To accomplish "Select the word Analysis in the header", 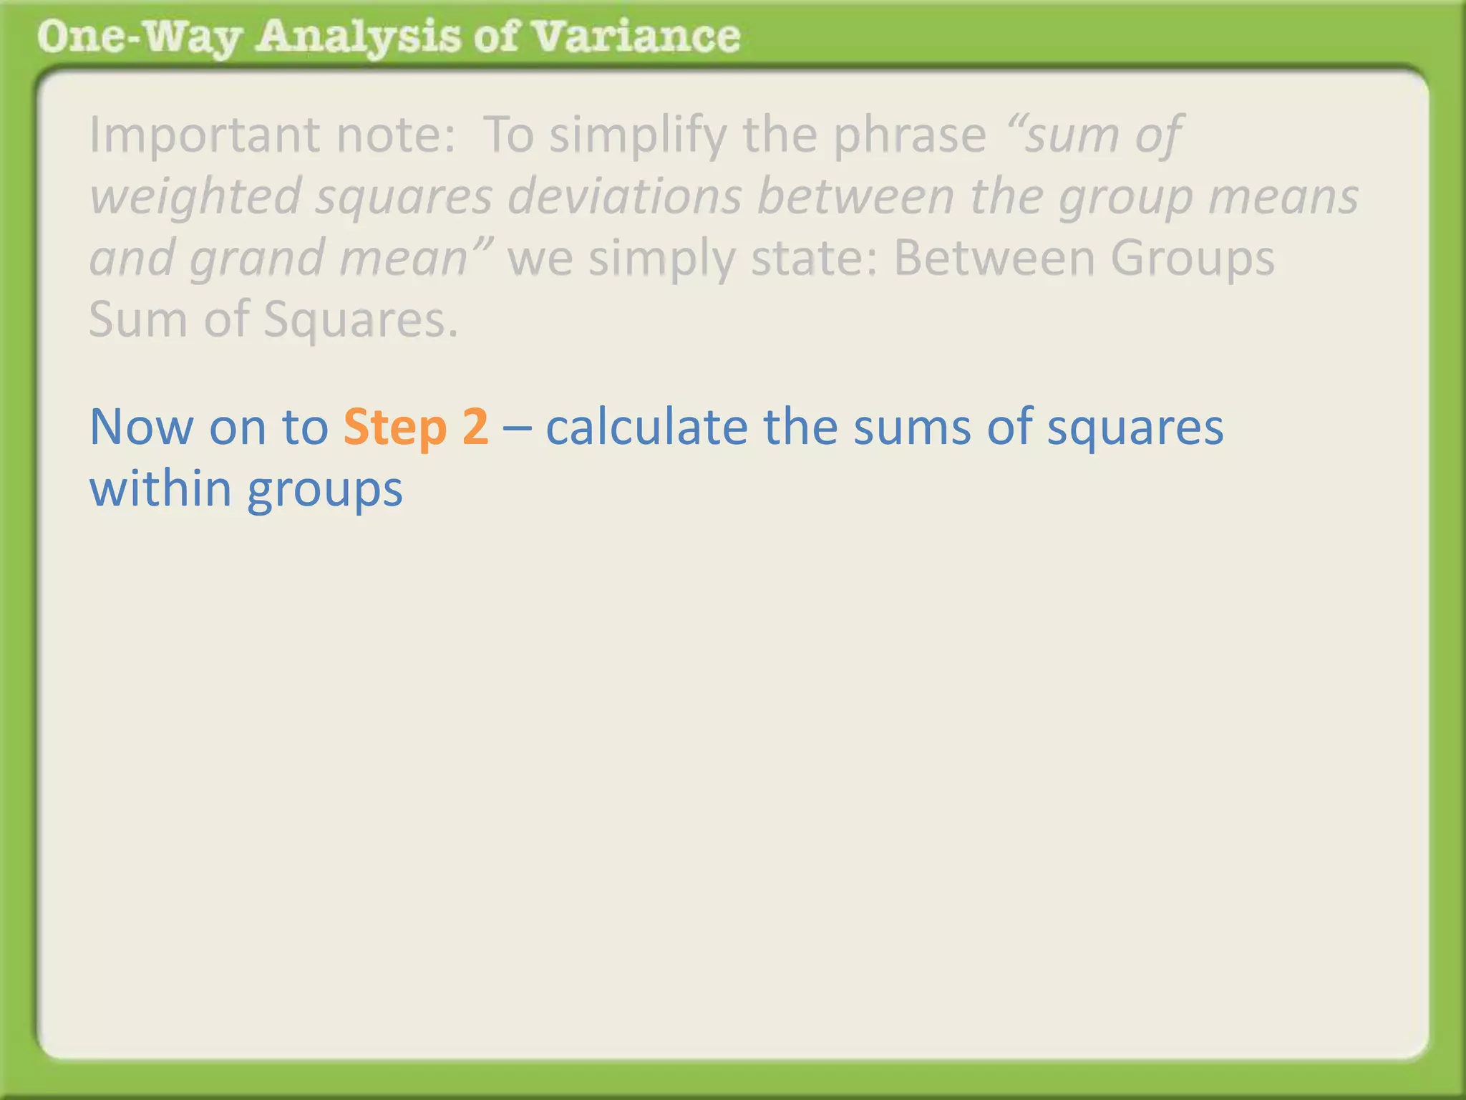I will [359, 37].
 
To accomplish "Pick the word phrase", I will [910, 136].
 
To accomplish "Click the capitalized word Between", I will [994, 258].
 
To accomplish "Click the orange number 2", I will [475, 427].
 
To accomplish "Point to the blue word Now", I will [141, 427].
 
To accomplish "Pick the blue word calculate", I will [646, 427].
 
